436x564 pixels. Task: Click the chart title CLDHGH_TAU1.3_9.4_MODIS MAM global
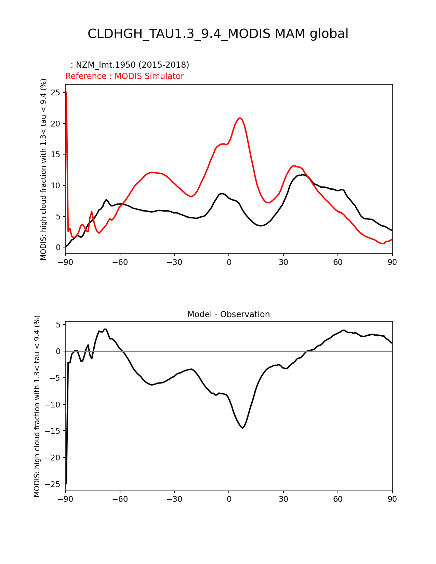coord(218,34)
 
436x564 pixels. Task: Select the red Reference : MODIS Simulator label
coord(124,76)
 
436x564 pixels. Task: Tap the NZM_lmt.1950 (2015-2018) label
coord(130,65)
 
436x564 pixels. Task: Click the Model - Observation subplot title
coord(228,314)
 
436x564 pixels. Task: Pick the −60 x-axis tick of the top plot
coord(120,262)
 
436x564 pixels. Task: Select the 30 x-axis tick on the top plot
coord(283,262)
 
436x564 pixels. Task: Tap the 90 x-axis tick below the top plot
coord(392,262)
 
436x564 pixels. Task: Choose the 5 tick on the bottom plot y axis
coord(58,325)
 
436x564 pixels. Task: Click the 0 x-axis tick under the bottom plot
coord(229,499)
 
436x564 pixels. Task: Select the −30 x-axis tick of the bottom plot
coord(174,499)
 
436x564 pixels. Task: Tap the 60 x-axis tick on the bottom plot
coord(338,499)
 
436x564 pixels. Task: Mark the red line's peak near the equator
coord(240,118)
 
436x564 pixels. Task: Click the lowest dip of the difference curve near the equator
coord(242,428)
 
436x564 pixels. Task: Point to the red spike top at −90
coord(66,92)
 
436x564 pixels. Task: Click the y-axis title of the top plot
coord(43,169)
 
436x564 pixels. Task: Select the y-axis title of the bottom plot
coord(37,406)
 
